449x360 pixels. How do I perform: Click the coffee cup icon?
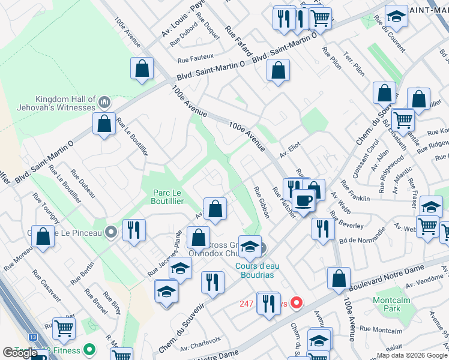[x=303, y=200]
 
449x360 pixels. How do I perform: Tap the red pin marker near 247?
[x=295, y=304]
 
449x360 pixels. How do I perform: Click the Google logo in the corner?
[x=20, y=353]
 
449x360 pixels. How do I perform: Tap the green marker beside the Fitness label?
[x=89, y=349]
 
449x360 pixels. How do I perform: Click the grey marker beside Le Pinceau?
[x=110, y=232]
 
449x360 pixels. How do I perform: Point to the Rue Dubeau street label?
[x=82, y=182]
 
